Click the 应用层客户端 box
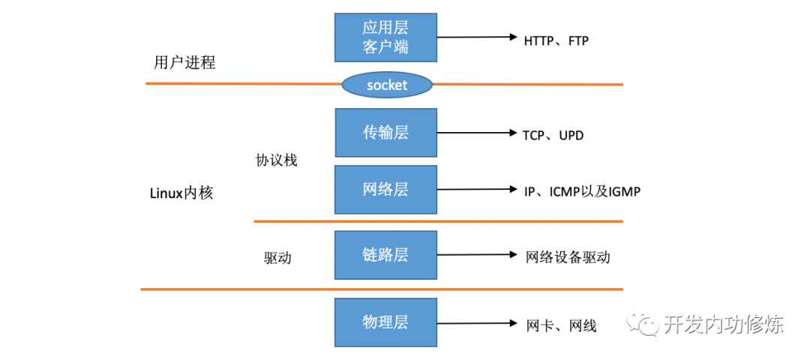tap(385, 37)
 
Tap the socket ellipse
tap(387, 85)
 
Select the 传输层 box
tap(385, 133)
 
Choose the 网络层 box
tap(385, 189)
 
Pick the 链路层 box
tap(385, 255)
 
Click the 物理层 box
tap(385, 322)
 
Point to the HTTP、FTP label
tap(556, 40)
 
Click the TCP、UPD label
tap(553, 136)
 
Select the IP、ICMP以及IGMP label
tap(583, 191)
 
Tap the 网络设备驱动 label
tap(568, 257)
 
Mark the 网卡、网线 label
tap(562, 325)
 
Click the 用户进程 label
tap(184, 62)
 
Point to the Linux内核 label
tap(181, 193)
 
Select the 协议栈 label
tap(276, 160)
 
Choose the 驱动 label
tap(277, 258)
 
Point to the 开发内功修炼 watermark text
tap(723, 324)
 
